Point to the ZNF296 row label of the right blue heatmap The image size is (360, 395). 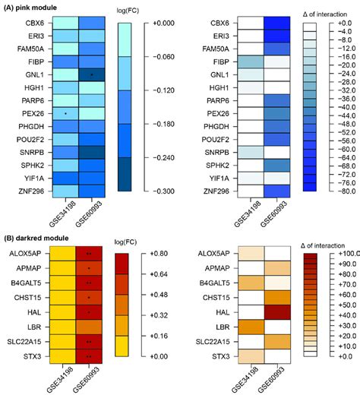tap(210, 191)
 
